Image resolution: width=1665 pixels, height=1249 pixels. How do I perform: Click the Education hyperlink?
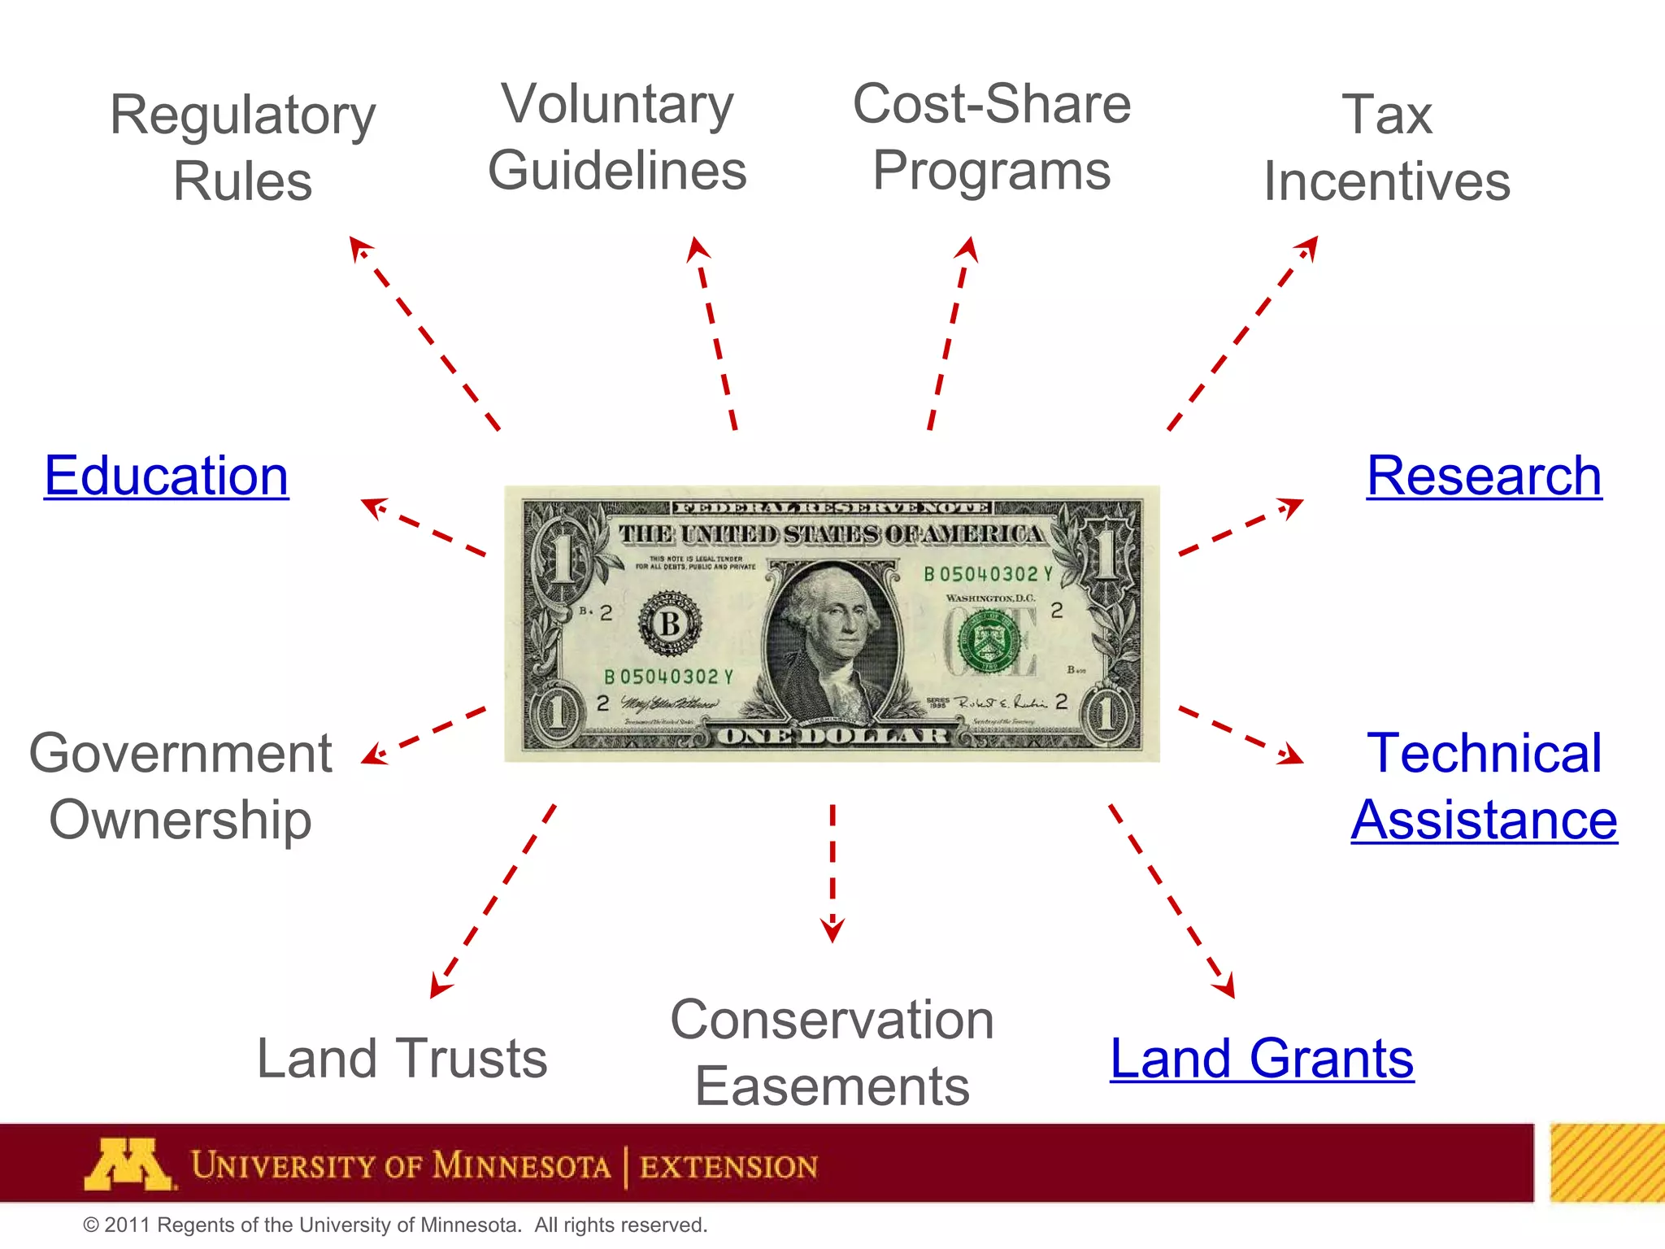[166, 476]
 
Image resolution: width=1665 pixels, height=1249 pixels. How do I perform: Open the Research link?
[1484, 476]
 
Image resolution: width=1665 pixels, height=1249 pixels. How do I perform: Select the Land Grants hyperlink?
[1262, 1059]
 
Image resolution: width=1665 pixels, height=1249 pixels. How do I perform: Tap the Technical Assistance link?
[1485, 786]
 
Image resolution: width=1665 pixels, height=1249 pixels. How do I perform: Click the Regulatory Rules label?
[242, 147]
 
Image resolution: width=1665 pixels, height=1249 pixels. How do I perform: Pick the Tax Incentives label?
[1387, 147]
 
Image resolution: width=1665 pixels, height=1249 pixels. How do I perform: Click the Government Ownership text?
[180, 786]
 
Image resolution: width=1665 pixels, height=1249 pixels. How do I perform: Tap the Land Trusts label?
[402, 1059]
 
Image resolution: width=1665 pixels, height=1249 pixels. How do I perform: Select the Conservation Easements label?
[832, 1052]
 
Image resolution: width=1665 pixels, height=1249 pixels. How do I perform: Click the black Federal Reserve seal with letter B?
[670, 624]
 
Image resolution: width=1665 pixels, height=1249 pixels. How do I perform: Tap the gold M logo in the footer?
[128, 1164]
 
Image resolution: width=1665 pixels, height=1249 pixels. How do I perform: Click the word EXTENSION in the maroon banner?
[728, 1167]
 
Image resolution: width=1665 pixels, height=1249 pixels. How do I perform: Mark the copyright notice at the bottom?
[395, 1225]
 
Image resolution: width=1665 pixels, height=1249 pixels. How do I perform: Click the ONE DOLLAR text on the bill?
[832, 737]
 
